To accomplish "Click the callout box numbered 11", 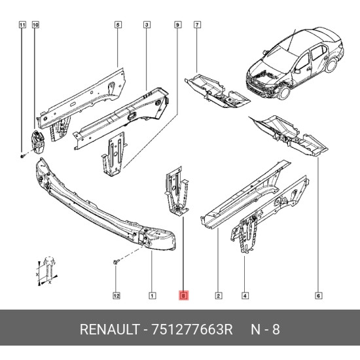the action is pyautogui.click(x=22, y=25).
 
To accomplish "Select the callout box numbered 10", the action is pyautogui.click(x=35, y=25).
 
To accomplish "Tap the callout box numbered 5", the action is pyautogui.click(x=118, y=25).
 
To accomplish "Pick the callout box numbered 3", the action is pyautogui.click(x=147, y=25).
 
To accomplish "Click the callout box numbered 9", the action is pyautogui.click(x=177, y=25).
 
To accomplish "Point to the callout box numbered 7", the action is pyautogui.click(x=197, y=25).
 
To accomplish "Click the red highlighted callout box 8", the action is pyautogui.click(x=183, y=295).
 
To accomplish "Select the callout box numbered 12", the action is pyautogui.click(x=117, y=296).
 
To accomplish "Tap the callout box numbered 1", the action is pyautogui.click(x=153, y=296).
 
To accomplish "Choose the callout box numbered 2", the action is pyautogui.click(x=219, y=296).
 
